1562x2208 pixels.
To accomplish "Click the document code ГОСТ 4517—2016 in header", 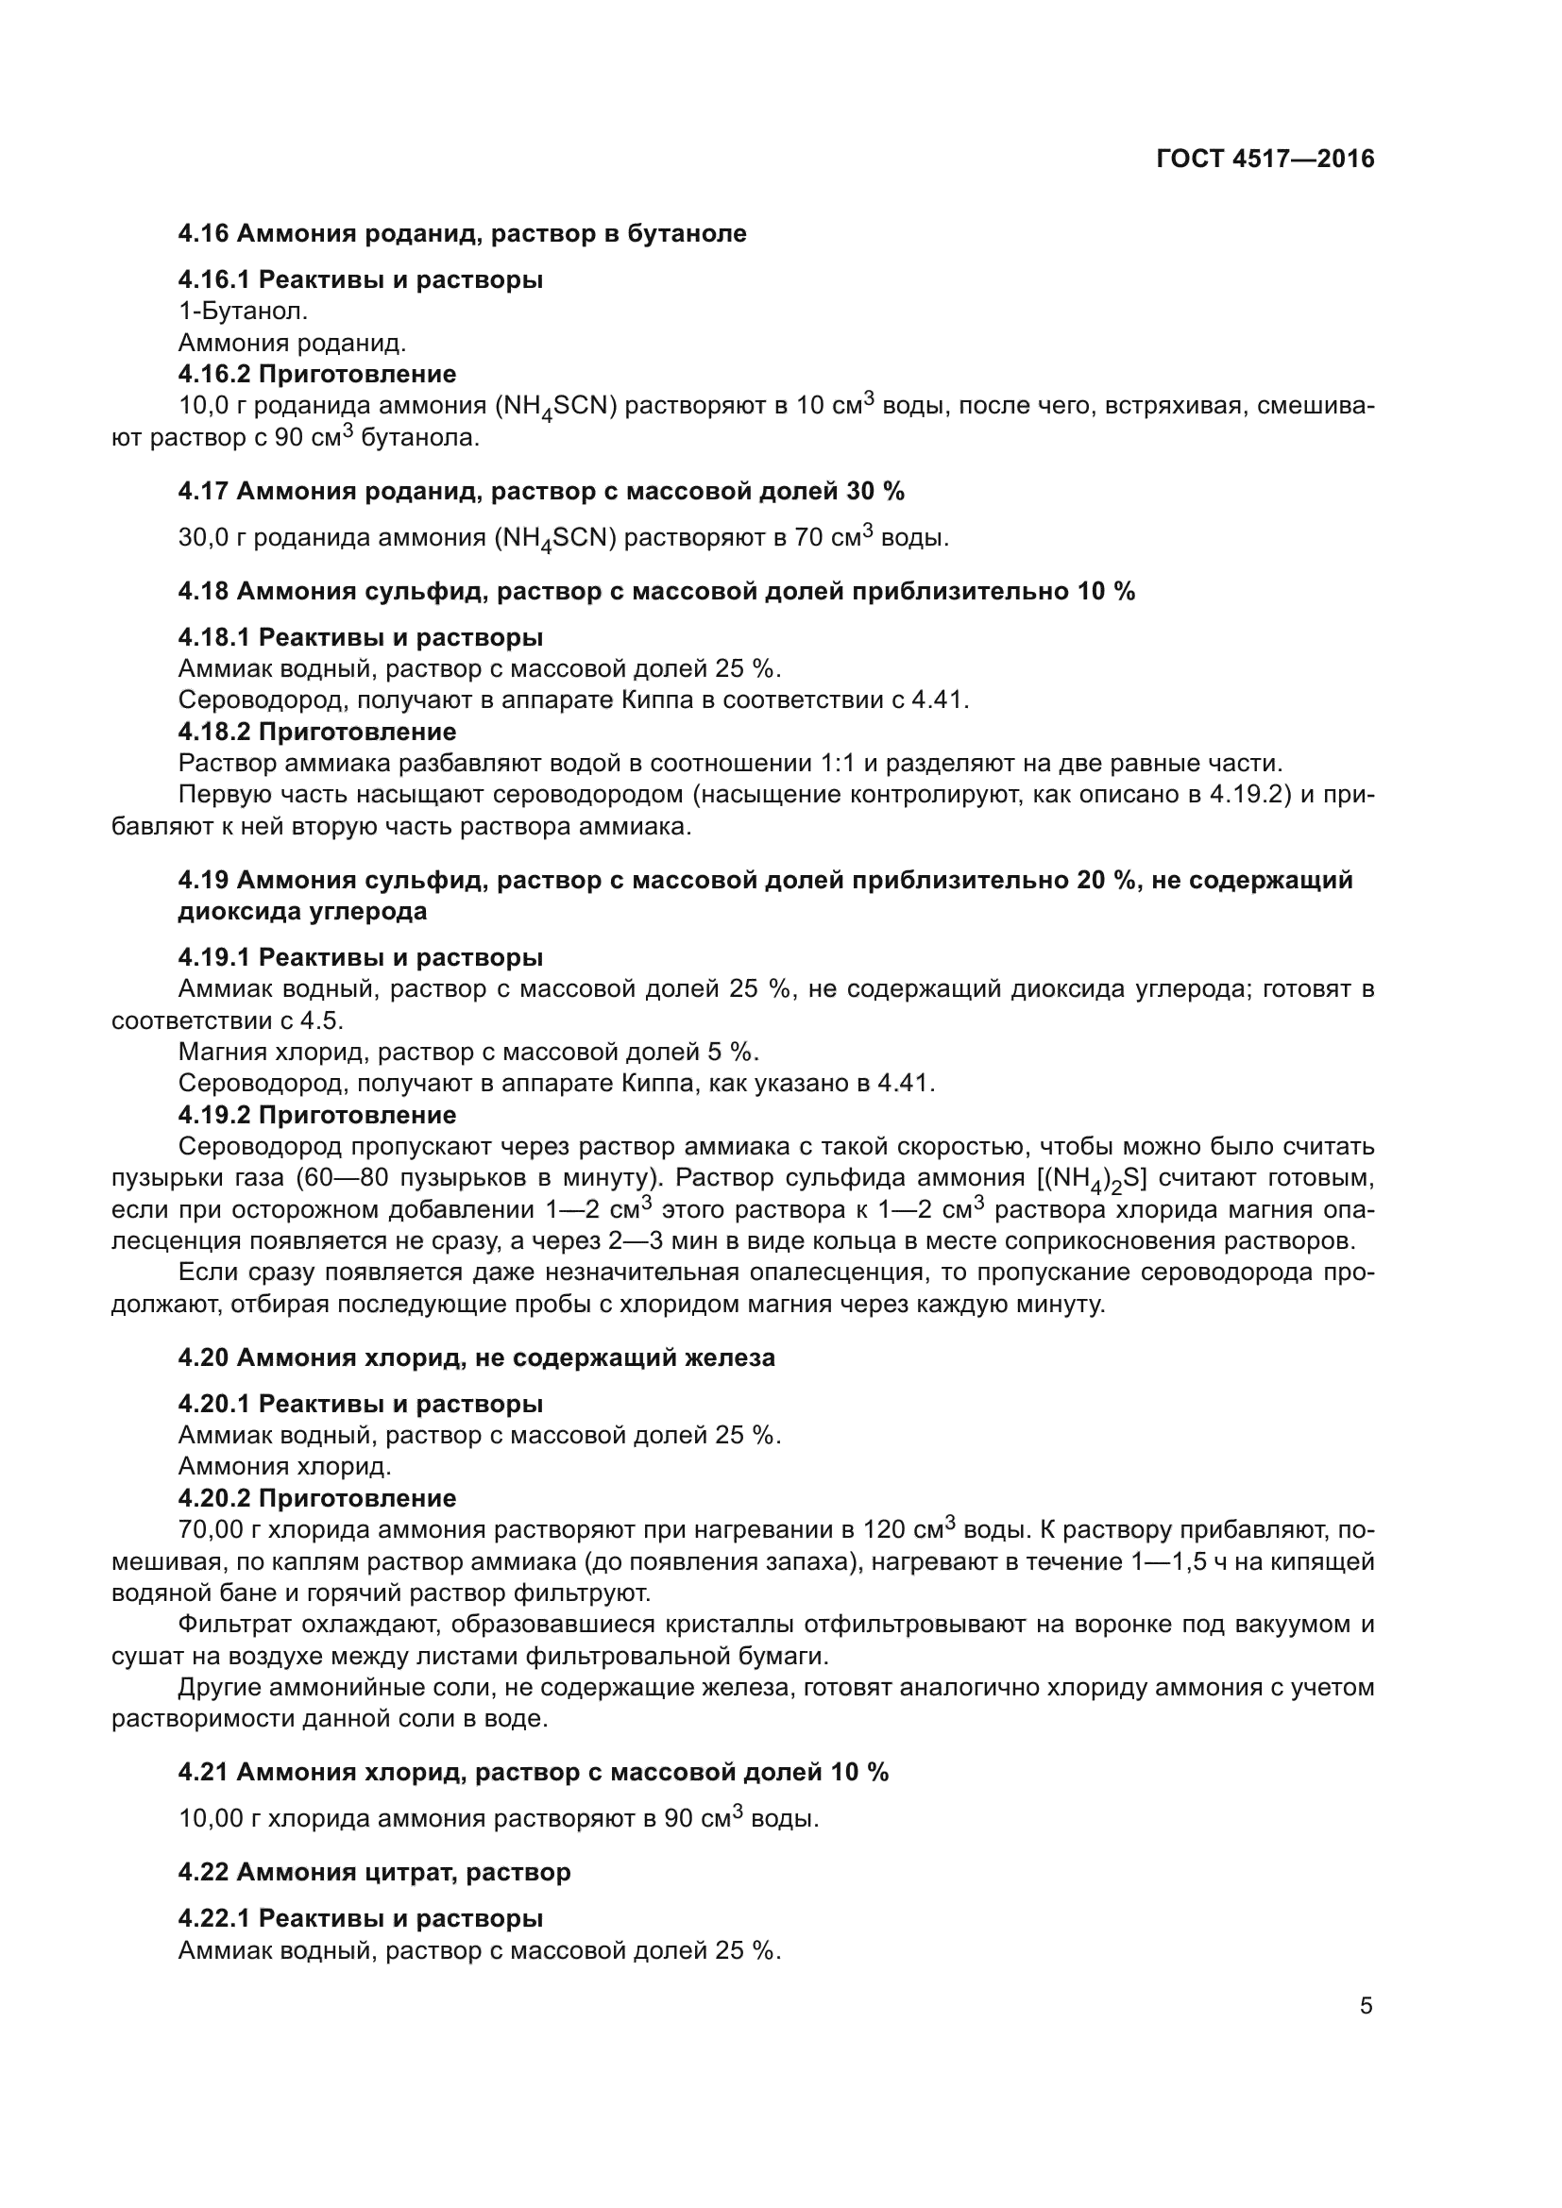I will click(1265, 159).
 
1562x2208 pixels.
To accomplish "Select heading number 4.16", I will click(203, 234).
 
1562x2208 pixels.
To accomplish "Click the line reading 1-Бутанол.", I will click(244, 311).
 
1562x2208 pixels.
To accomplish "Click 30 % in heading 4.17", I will click(874, 492).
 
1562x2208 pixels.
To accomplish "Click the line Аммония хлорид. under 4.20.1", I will click(284, 1467).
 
